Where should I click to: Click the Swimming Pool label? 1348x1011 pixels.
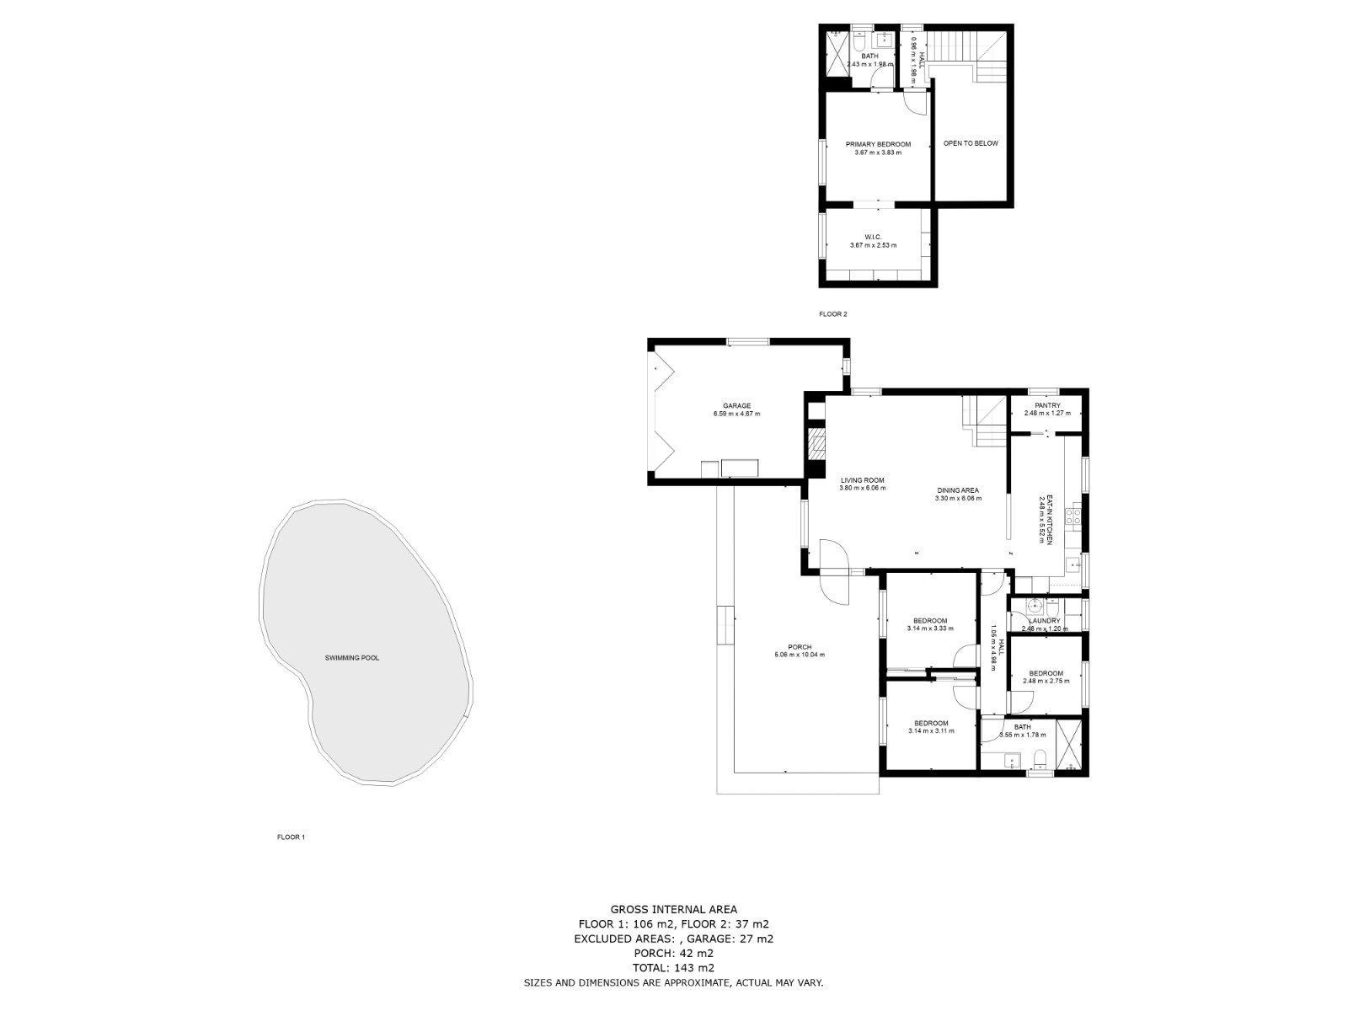(x=352, y=657)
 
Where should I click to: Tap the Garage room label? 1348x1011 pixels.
(x=736, y=406)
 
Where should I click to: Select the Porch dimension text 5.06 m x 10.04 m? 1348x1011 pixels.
(x=800, y=655)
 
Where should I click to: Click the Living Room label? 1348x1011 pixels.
(x=862, y=480)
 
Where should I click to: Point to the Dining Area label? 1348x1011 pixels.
(x=958, y=490)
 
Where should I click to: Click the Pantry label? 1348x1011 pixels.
(x=1047, y=406)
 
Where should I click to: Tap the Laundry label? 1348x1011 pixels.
(x=1045, y=621)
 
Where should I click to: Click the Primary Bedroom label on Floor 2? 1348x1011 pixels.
(x=878, y=145)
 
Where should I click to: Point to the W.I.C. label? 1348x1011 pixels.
(x=873, y=238)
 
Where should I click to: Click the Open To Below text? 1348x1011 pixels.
(x=970, y=143)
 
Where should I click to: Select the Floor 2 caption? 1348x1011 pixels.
(x=832, y=314)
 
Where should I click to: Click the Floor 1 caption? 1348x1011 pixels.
(x=291, y=837)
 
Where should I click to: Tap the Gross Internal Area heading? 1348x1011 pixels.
(x=673, y=909)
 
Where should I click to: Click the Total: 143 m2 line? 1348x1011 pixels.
(x=673, y=968)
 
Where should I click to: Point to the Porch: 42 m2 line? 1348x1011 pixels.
(x=673, y=953)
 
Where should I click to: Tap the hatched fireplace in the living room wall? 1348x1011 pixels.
(x=816, y=444)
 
